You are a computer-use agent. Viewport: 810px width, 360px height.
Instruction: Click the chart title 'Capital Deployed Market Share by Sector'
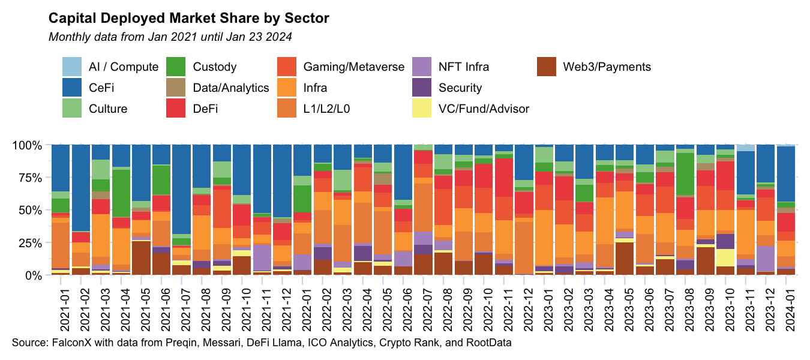[x=188, y=18]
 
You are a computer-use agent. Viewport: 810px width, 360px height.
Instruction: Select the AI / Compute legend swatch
[x=73, y=67]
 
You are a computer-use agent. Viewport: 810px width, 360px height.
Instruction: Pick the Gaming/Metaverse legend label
[x=354, y=67]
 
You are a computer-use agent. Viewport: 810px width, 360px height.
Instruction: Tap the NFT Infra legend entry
[x=464, y=67]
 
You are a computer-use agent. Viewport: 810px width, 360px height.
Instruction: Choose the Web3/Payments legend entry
[x=607, y=67]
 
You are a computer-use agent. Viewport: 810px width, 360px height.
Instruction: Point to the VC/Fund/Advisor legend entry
[x=484, y=109]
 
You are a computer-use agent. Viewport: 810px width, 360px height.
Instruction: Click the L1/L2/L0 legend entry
[x=333, y=109]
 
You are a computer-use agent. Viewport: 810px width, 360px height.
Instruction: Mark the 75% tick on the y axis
[x=29, y=178]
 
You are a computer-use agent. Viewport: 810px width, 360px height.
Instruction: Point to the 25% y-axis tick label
[x=29, y=243]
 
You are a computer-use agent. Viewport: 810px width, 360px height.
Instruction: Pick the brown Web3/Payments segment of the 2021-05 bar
[x=141, y=258]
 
